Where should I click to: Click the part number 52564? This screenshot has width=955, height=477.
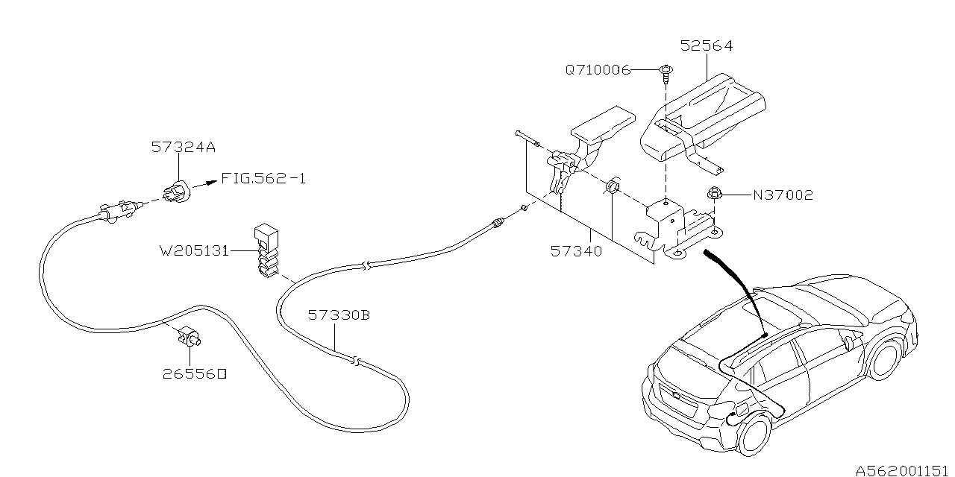click(x=706, y=46)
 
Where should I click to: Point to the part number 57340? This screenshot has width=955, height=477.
click(x=576, y=251)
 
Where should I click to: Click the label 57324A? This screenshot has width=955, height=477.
click(x=183, y=148)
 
